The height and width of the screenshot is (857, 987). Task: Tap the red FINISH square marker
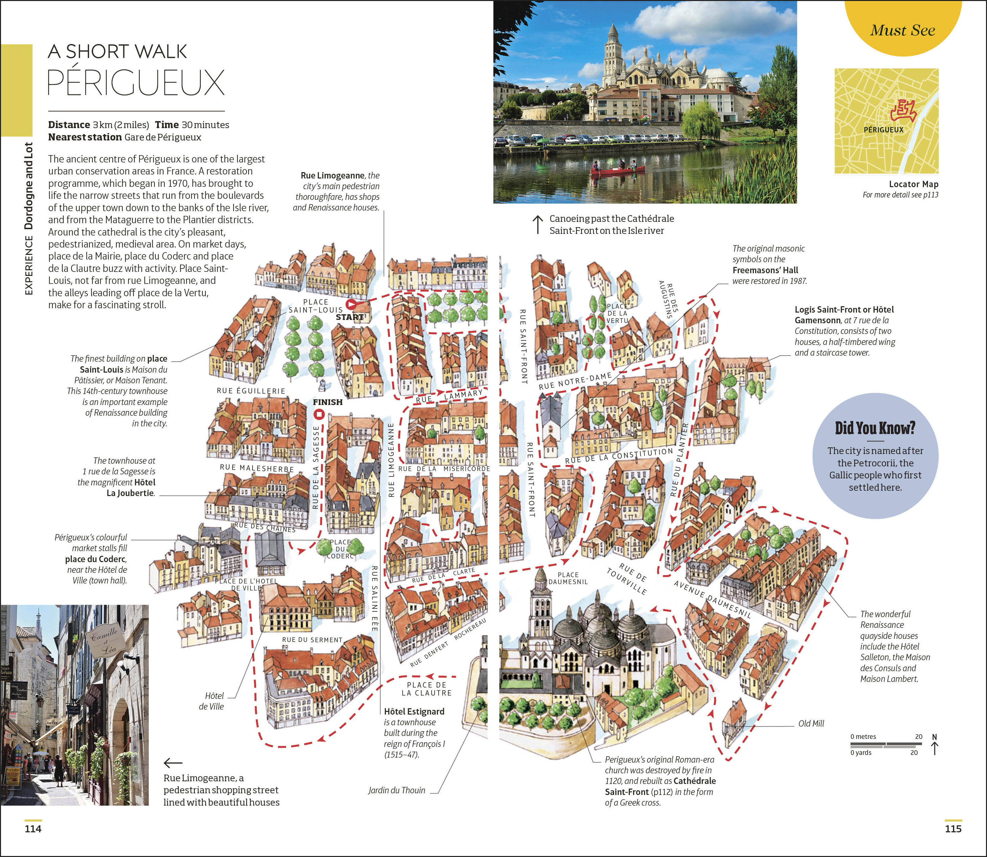(319, 414)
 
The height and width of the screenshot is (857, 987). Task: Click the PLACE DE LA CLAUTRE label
(427, 689)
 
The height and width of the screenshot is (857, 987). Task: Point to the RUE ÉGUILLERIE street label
(251, 391)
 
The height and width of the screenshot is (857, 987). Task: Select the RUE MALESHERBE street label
(257, 468)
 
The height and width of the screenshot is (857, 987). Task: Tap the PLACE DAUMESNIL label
(568, 578)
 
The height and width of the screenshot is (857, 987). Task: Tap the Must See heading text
(902, 30)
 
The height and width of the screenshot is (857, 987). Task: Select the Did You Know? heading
(875, 428)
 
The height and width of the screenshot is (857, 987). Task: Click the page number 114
(33, 829)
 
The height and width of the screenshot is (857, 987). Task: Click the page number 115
(953, 829)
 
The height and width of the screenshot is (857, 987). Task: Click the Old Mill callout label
(811, 724)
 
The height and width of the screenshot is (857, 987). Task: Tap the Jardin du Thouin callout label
(396, 790)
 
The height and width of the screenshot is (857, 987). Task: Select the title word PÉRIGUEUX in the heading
(136, 83)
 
